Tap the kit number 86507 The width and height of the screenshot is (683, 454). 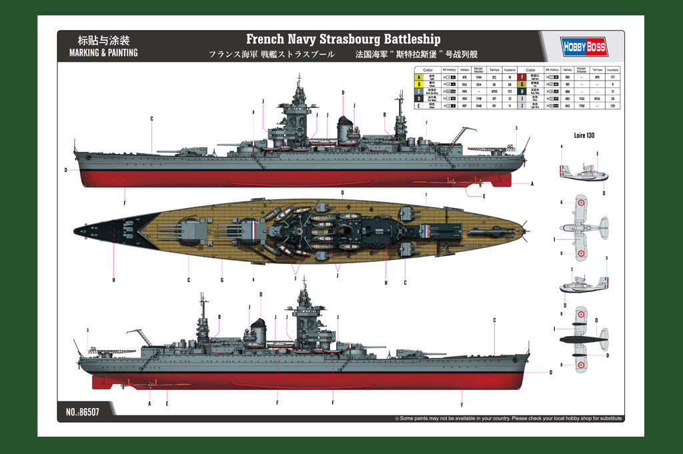(83, 413)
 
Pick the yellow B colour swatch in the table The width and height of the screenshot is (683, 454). (419, 85)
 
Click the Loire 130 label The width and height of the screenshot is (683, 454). (584, 135)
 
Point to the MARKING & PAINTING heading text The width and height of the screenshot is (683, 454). (103, 53)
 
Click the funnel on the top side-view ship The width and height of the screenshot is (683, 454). (345, 129)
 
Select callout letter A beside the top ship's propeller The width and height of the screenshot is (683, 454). (532, 183)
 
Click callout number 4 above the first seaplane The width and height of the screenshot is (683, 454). (562, 146)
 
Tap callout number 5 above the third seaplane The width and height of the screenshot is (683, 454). (606, 258)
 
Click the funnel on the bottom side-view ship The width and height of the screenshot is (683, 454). (257, 331)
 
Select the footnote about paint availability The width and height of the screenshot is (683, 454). (510, 419)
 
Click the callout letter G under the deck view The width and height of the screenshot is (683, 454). (221, 279)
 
